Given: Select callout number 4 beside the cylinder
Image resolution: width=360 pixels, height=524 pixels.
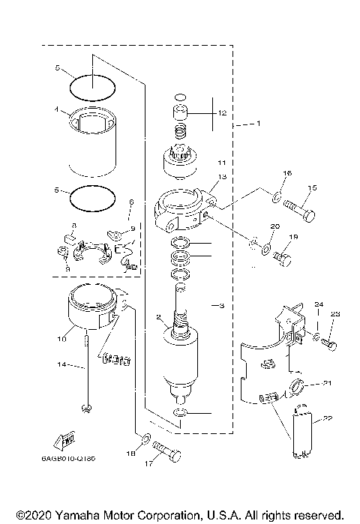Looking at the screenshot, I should pos(56,108).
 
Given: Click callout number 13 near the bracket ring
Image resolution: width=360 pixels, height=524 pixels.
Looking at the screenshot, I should pos(223,177).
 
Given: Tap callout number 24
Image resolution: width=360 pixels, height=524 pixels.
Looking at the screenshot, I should pos(317,304).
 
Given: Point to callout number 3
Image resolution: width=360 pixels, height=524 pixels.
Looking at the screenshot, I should pos(220,305).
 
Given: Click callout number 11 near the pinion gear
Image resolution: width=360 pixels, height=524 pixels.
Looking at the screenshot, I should pos(221,162).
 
